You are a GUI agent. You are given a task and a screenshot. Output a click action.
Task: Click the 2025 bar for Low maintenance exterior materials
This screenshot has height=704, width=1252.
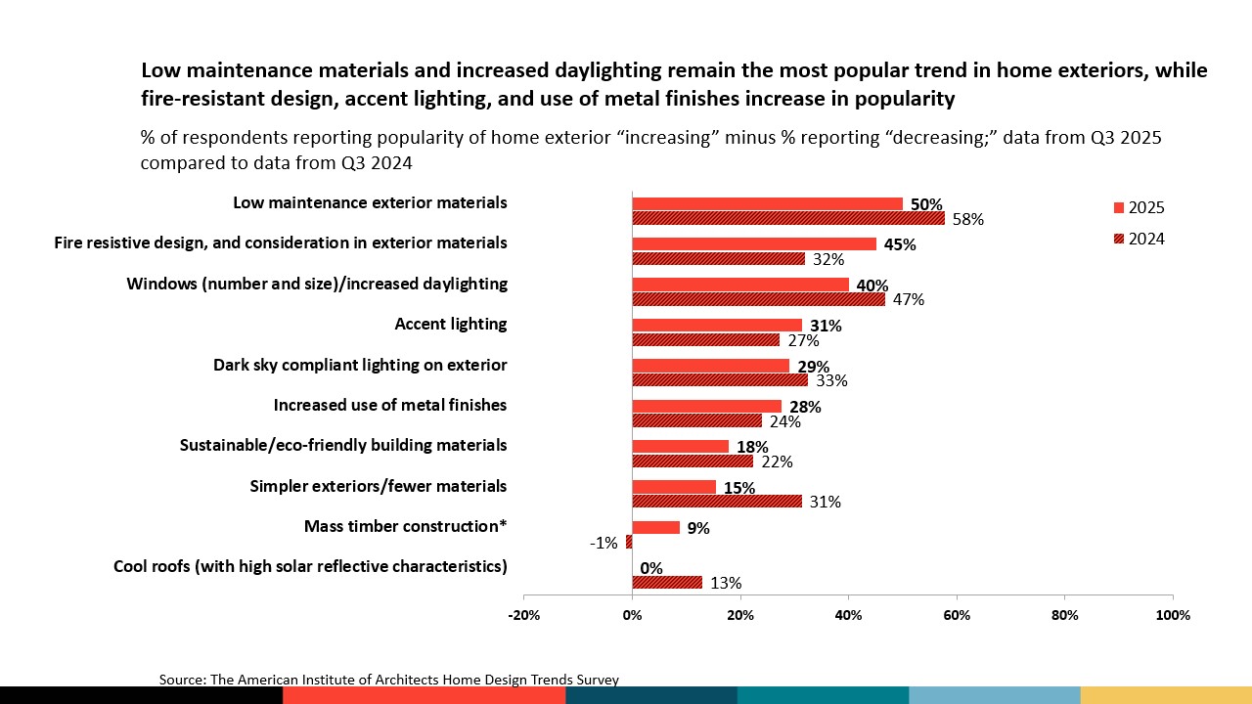coord(767,203)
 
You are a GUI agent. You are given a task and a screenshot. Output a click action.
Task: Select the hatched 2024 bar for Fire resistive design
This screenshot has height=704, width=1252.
coord(718,259)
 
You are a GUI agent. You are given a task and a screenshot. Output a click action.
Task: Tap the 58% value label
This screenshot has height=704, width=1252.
coord(967,220)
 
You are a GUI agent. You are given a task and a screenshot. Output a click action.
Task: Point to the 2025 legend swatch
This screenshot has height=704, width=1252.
coord(1119,207)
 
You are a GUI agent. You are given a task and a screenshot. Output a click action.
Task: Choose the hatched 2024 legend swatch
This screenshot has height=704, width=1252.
coord(1119,239)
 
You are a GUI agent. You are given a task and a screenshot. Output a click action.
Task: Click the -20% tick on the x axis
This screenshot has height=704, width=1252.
coord(524,615)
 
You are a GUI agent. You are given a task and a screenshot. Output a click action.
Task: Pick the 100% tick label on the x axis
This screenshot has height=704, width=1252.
coord(1173,615)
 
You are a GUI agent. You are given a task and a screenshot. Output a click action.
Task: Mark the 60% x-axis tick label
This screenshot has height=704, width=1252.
coord(956,615)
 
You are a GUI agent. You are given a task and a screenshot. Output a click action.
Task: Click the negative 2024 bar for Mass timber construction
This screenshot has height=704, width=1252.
coord(629,542)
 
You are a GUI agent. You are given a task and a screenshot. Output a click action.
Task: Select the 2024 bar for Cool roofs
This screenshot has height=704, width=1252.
coord(667,582)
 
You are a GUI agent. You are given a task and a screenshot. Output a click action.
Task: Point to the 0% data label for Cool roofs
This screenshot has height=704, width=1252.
coord(651,567)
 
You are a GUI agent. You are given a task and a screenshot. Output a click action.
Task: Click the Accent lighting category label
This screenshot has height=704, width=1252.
coord(450,324)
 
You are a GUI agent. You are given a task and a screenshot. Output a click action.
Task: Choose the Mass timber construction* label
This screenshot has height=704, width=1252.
coord(405,526)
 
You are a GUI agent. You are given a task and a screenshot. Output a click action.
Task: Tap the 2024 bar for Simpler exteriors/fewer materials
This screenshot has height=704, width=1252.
coord(717,502)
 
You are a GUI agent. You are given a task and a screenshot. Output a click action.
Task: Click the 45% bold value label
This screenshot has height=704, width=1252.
coord(900,244)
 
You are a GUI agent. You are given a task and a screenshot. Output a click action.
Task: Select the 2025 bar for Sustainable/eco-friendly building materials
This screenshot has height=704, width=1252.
coord(681,446)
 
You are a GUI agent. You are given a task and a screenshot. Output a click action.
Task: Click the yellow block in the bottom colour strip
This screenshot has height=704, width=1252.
coord(1165,695)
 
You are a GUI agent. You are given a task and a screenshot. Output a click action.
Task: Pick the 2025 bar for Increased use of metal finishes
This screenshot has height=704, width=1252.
coord(707,406)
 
